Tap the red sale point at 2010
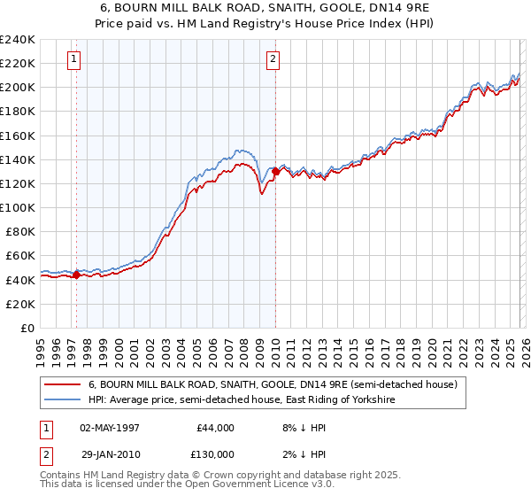tap(275, 172)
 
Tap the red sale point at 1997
tap(77, 275)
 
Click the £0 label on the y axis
tap(27, 328)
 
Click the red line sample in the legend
tap(63, 385)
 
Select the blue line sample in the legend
tap(63, 400)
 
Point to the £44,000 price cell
tap(212, 428)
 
